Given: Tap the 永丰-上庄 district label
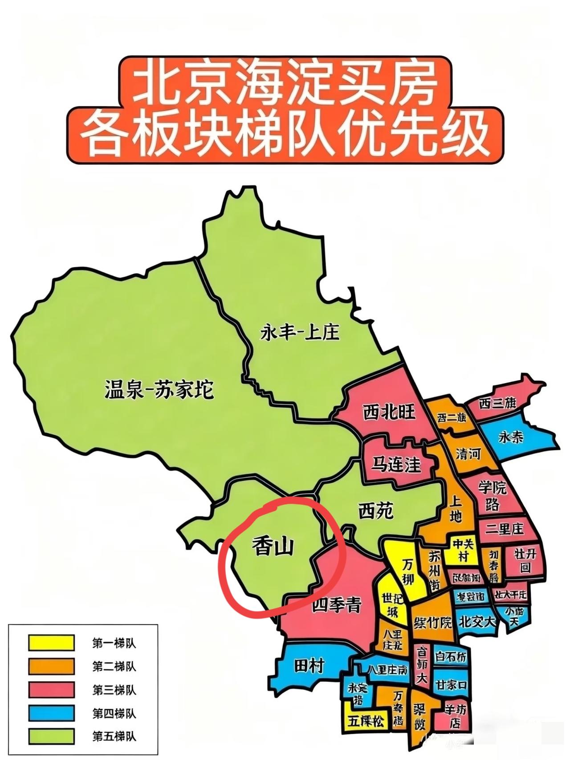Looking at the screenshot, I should coord(299,332).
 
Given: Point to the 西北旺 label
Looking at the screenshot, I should coord(389,412).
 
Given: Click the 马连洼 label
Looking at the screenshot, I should coord(396,465).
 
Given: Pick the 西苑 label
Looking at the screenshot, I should coord(376,511).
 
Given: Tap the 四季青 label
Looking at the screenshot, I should coord(337,605).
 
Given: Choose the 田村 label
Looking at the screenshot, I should coord(309,666).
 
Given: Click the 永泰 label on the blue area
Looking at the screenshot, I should coord(511,437).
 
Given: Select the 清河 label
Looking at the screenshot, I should coord(468,454).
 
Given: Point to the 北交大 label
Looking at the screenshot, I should coord(477,621).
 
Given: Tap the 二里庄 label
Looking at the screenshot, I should coord(505,529).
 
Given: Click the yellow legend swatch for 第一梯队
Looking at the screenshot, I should coord(51,643).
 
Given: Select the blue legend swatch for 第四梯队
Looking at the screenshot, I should coord(51,713).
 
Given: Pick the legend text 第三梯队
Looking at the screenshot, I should coord(114,690).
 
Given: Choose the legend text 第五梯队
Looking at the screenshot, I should coord(114,736).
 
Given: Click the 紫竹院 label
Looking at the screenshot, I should coord(432,622).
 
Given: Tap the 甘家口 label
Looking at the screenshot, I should coord(451,684).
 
